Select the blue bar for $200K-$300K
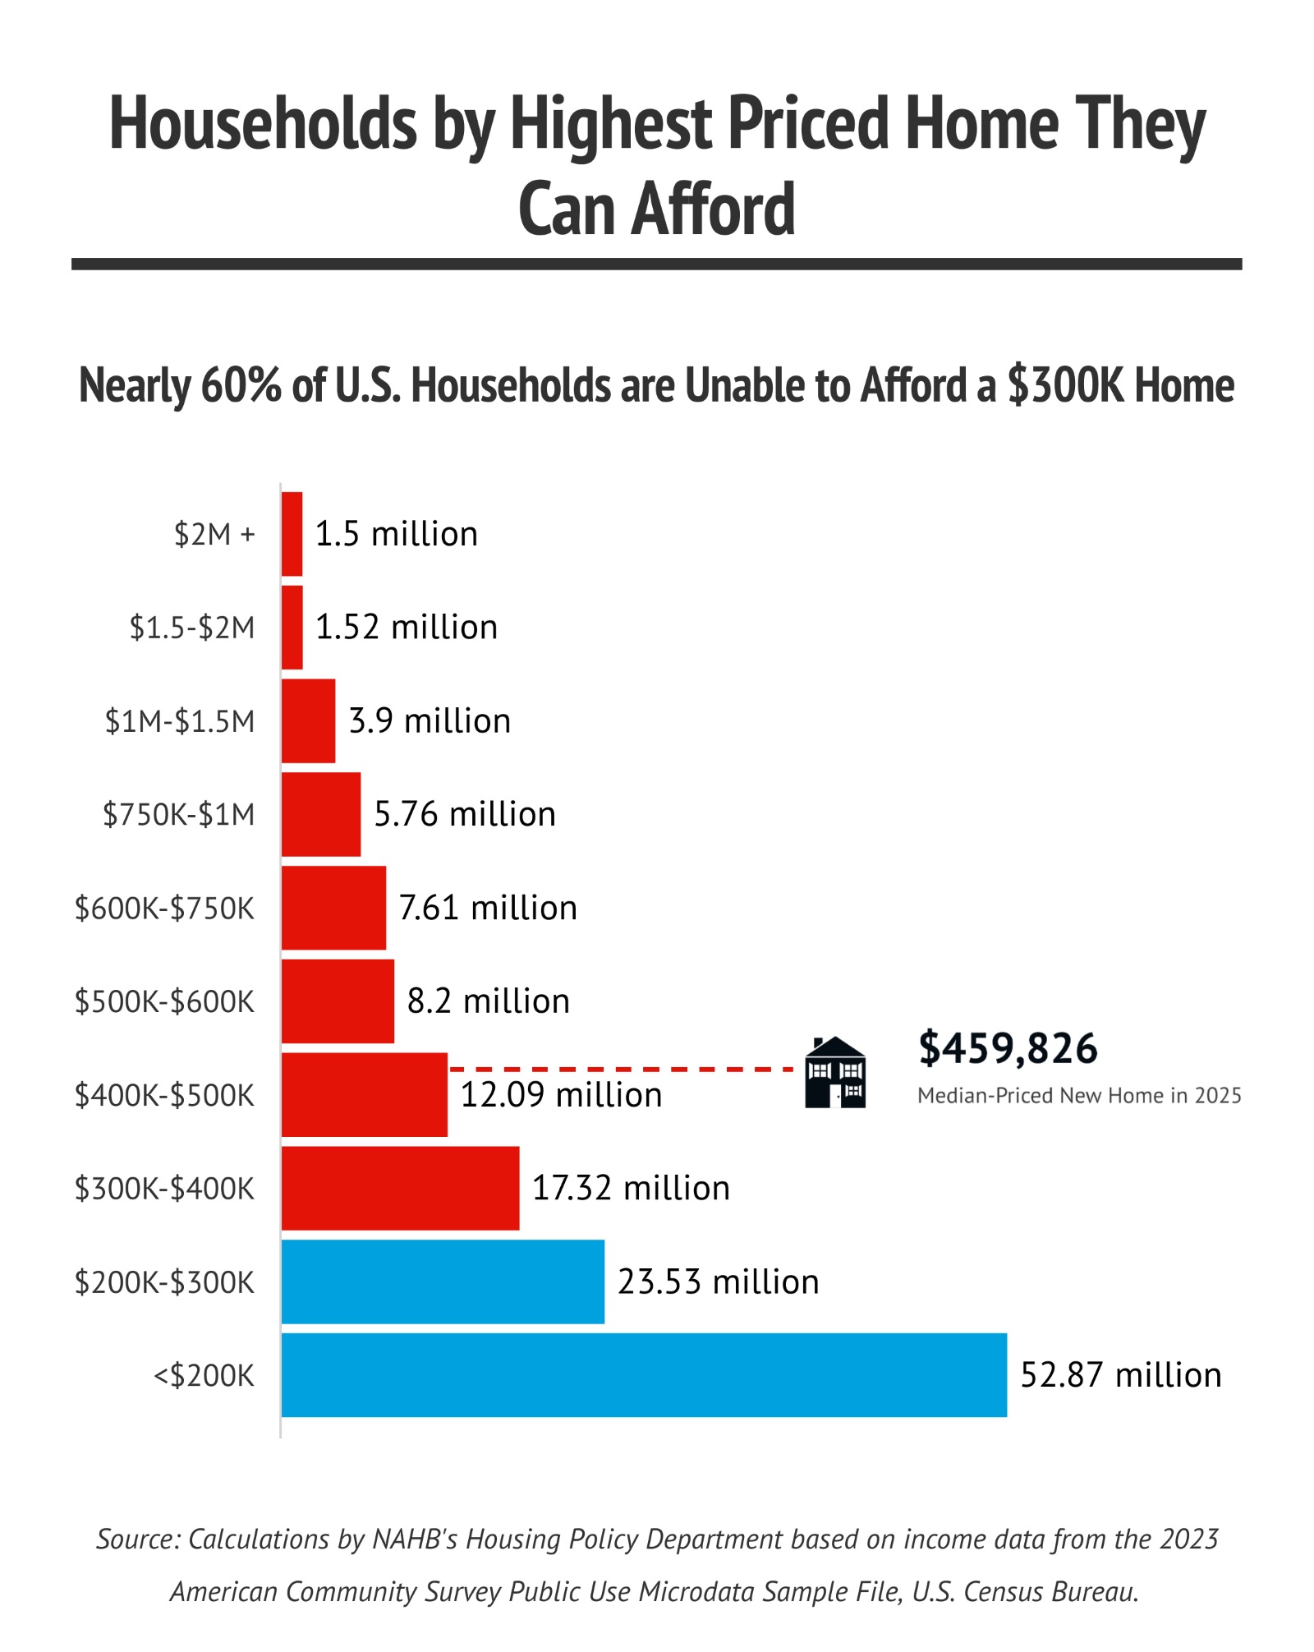pos(443,1282)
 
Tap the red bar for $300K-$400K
pos(400,1188)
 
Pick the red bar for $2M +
pos(292,534)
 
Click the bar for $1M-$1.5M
pos(308,720)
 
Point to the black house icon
pos(835,1072)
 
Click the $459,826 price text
pos(1008,1048)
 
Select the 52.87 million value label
pos(1120,1375)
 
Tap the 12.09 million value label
pos(561,1095)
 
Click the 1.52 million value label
pos(407,628)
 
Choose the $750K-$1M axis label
pos(179,814)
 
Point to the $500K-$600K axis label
pos(165,1001)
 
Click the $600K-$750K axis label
pos(165,908)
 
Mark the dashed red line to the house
pos(622,1070)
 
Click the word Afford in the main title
pos(714,209)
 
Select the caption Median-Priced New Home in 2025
pos(1079,1096)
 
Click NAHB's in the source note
pos(416,1539)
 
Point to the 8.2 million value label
pos(488,1001)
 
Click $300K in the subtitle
pos(1066,385)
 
